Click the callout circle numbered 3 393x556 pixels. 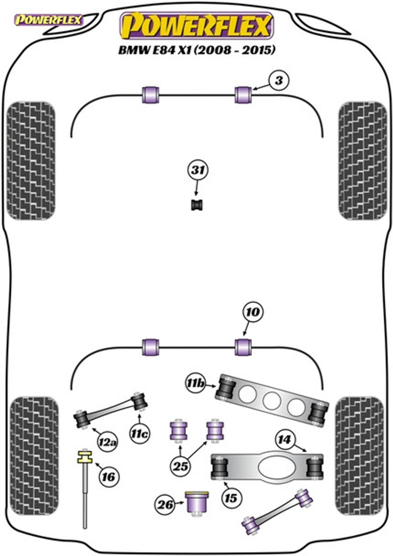click(279, 80)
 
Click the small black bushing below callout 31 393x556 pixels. click(197, 205)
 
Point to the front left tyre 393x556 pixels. click(31, 161)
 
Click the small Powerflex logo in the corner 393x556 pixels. click(48, 20)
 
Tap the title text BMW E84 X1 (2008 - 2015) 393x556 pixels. click(197, 50)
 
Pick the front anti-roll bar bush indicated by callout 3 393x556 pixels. click(243, 95)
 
